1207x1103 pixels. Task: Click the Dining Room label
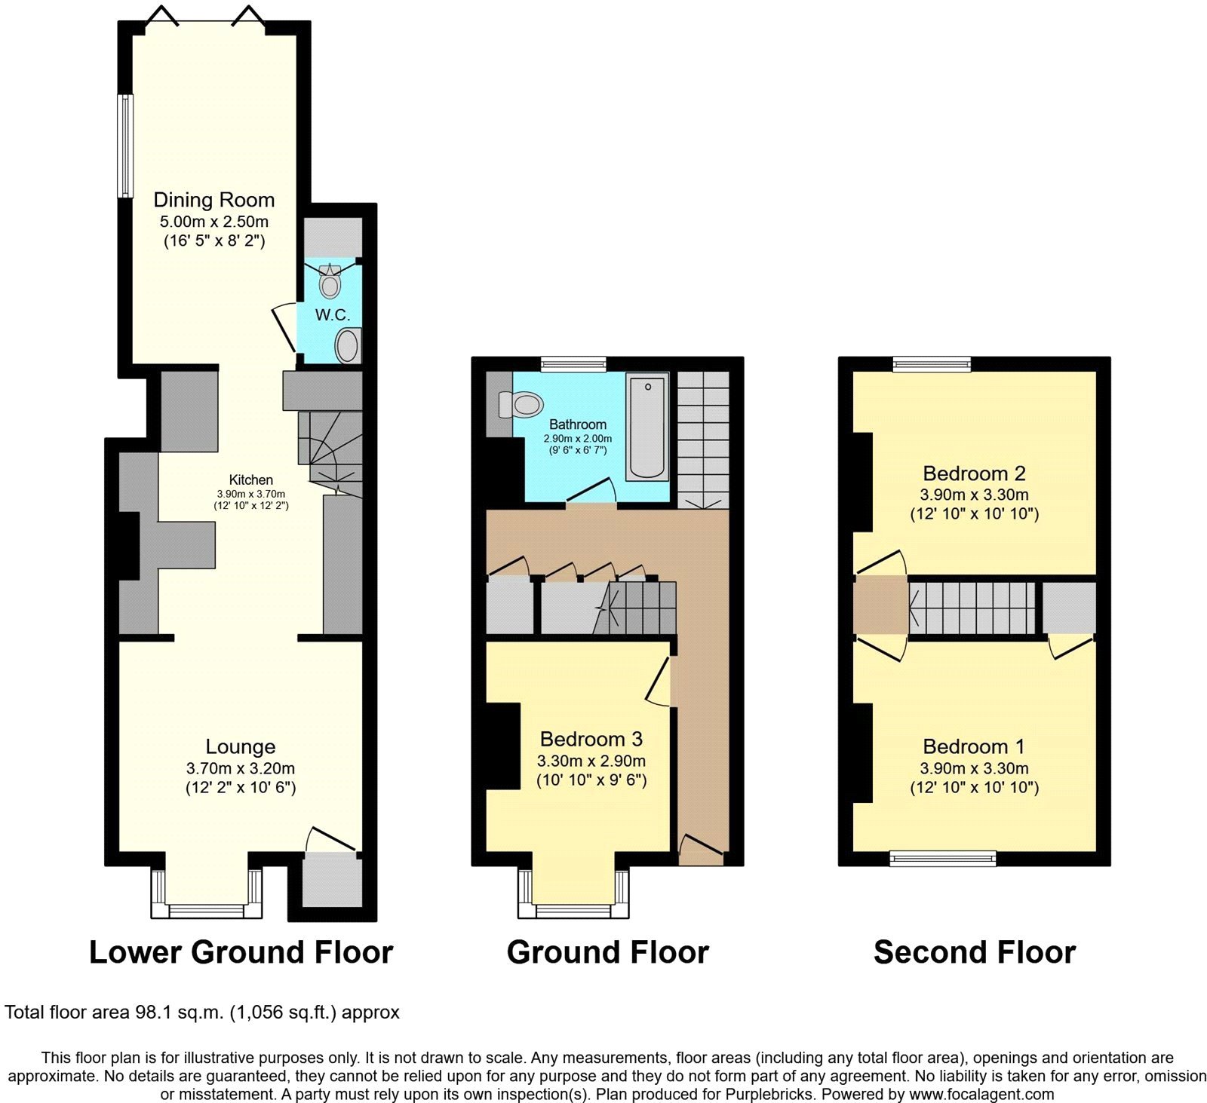coord(213,200)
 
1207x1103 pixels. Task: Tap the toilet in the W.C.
coord(330,283)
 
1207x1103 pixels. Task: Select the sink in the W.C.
coord(347,346)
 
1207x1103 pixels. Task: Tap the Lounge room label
coord(240,746)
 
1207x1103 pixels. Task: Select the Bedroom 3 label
coord(591,739)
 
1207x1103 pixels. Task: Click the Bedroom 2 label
coord(974,473)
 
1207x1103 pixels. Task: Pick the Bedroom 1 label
coord(974,746)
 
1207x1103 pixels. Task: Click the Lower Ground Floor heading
coord(241,952)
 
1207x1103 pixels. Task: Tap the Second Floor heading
coord(974,952)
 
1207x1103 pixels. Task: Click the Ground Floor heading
coord(607,952)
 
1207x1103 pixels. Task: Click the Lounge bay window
coord(206,910)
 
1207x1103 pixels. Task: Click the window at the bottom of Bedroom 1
coord(942,858)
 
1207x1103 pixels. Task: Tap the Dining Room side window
coord(125,146)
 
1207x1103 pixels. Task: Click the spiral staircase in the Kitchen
coord(326,452)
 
